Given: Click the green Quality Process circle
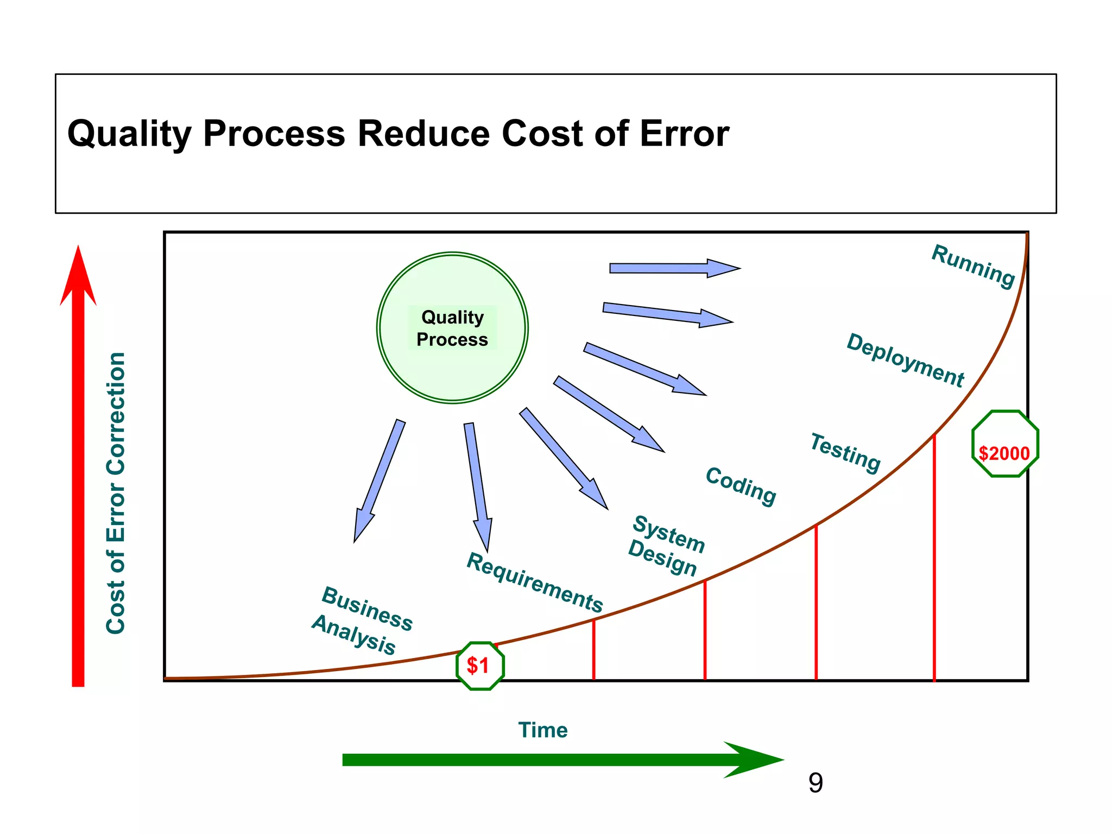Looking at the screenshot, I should point(452,327).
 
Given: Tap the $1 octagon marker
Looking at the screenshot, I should point(480,666).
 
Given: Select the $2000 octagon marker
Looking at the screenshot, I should point(1004,444).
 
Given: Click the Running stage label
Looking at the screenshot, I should point(973,266).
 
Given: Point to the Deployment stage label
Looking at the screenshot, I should point(905,360).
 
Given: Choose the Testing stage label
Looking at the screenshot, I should point(845,453).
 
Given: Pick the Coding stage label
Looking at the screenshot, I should point(741,486).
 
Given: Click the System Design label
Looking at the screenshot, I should point(666,545).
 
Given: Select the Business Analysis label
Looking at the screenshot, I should point(362,620).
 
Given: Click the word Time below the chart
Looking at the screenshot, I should point(542,730).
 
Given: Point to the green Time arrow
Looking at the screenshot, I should point(562,760).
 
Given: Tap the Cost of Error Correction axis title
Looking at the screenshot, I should point(116,492).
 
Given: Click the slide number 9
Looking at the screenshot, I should point(816,783).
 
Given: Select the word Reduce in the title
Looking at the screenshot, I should point(424,134).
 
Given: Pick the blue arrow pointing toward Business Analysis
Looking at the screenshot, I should point(378,481).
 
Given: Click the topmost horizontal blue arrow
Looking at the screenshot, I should point(673,268).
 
